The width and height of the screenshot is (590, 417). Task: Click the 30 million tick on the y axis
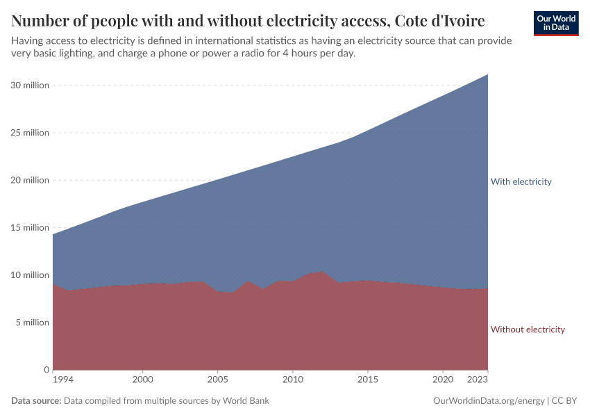[30, 85]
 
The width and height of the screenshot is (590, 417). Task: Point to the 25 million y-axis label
[30, 133]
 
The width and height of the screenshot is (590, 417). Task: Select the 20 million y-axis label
[30, 180]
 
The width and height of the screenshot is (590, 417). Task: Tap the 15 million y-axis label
[30, 227]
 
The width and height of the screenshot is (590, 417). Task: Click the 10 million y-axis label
[30, 275]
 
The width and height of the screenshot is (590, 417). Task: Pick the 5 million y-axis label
[32, 322]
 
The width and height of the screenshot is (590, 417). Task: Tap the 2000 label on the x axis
[143, 380]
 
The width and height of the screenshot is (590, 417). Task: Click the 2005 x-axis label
[218, 380]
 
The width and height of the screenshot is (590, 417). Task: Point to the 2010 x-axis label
[293, 380]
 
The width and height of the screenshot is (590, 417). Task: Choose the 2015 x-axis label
[368, 380]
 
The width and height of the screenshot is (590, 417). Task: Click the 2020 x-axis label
[443, 380]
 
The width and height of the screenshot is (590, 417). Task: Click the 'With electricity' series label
[521, 181]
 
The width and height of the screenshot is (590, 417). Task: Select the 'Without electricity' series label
[528, 329]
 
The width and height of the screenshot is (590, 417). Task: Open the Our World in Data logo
[556, 23]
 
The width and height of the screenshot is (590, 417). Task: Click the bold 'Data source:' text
[36, 401]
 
